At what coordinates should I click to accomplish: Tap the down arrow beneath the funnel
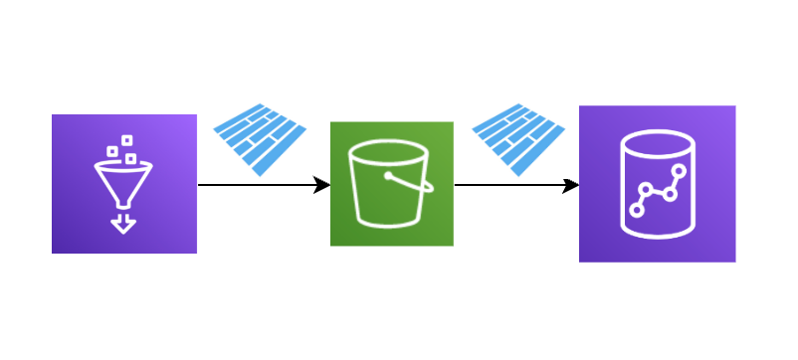(123, 225)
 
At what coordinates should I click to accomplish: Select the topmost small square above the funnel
(126, 140)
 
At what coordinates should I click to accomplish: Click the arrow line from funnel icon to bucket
(259, 185)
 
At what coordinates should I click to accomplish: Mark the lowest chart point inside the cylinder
(637, 209)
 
